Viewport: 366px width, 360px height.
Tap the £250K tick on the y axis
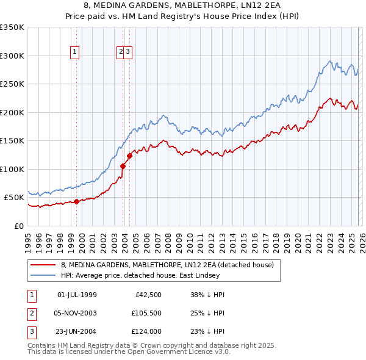coord(12,84)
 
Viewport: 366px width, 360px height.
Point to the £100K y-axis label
coord(12,169)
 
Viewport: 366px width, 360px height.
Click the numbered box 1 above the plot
coord(75,52)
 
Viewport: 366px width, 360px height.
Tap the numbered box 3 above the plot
coord(129,52)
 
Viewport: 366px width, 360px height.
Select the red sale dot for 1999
coord(76,201)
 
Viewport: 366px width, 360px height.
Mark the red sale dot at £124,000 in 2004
coord(129,156)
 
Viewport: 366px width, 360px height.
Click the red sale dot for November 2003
coord(123,166)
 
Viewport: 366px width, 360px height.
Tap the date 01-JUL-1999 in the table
coord(77,295)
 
